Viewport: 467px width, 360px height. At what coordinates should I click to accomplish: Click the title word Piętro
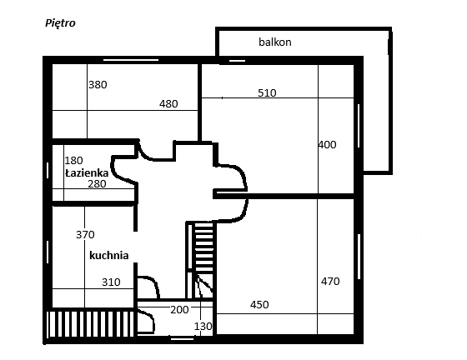tap(60, 23)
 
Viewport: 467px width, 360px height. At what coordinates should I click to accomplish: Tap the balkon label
tap(275, 42)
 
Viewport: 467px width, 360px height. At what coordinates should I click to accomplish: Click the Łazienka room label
tap(87, 173)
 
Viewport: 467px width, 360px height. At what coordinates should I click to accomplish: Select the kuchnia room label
tap(109, 255)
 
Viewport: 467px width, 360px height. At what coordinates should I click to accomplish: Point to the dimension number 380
tap(98, 85)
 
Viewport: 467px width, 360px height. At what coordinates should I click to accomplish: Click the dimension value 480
tap(168, 104)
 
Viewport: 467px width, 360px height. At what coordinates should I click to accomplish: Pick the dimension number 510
tap(267, 93)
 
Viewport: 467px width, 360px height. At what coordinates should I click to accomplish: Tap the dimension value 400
tap(327, 145)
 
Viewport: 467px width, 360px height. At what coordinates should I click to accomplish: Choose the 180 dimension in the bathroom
tap(73, 161)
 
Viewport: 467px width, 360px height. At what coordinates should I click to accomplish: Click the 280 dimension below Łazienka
tap(97, 184)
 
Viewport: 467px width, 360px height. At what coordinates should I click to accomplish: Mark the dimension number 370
tap(85, 235)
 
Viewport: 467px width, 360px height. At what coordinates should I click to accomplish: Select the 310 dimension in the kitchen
tap(111, 282)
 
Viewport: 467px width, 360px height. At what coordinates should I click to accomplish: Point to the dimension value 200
tap(179, 310)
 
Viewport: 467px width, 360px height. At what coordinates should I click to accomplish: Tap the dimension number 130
tap(203, 327)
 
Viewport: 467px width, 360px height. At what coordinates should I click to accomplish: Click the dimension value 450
tap(259, 305)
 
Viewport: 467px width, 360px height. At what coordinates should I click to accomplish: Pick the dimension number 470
tap(330, 282)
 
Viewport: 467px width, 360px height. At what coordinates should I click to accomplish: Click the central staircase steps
tap(204, 247)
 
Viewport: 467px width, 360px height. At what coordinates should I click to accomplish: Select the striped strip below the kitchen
tap(91, 324)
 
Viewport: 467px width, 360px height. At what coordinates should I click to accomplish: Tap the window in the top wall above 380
tap(131, 60)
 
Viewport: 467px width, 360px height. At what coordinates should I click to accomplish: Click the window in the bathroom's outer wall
tap(48, 171)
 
